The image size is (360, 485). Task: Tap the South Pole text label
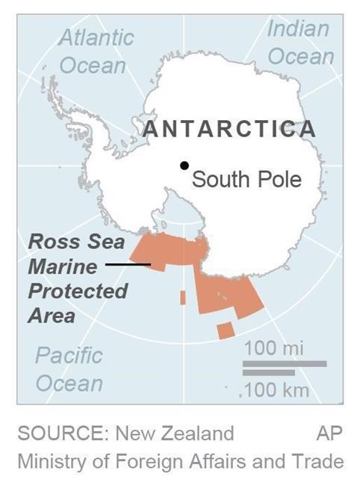[246, 180]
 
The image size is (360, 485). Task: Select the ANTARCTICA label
[229, 129]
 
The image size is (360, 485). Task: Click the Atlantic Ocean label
[95, 51]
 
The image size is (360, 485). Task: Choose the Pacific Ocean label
[69, 369]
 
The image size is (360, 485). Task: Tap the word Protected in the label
[78, 291]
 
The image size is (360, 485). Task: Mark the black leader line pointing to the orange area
[128, 264]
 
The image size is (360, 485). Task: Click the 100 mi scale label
[274, 348]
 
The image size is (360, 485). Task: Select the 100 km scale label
[273, 390]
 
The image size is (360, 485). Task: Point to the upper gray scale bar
[285, 363]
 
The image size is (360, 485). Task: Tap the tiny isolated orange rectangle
[183, 297]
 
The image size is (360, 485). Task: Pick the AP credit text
[329, 434]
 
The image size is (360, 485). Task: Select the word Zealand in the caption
[202, 434]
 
